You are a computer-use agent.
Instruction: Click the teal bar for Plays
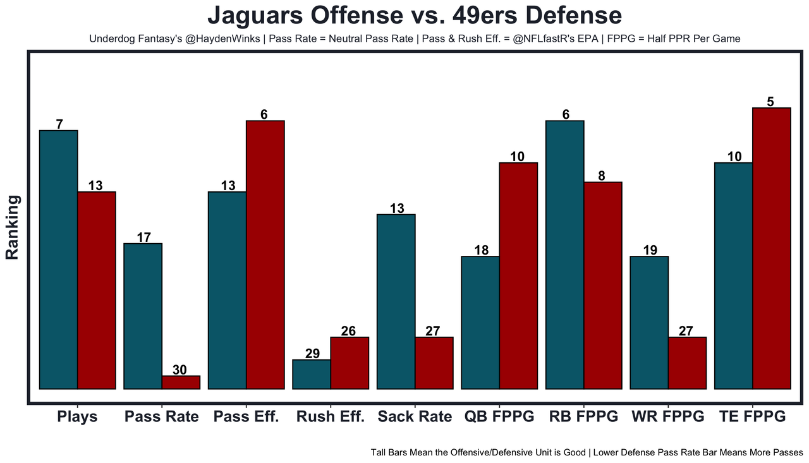point(58,260)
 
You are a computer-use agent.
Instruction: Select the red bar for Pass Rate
point(181,383)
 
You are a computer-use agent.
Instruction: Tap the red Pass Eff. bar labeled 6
point(265,255)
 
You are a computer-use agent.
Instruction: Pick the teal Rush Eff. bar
point(311,375)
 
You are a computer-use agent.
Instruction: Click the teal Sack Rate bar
point(396,302)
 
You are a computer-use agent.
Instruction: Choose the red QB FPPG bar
point(518,276)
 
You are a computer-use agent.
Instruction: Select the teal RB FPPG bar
point(564,255)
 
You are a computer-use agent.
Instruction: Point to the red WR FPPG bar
point(687,363)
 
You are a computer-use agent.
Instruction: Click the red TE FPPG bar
point(772,248)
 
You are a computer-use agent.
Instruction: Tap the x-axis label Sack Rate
point(415,417)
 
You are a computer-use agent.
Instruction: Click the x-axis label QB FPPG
point(499,417)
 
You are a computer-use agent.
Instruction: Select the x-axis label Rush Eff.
point(331,417)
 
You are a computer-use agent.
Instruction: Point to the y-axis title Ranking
point(13,227)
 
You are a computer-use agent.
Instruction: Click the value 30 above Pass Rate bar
point(180,370)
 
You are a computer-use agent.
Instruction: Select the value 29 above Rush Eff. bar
point(312,354)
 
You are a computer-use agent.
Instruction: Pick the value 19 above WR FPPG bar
point(650,250)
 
